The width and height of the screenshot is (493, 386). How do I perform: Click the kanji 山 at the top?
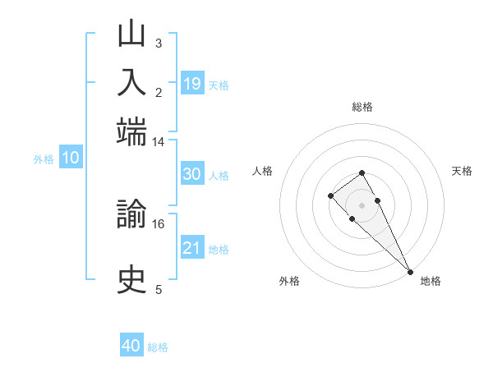[x=132, y=36]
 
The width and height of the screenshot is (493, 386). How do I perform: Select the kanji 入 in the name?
[x=132, y=83]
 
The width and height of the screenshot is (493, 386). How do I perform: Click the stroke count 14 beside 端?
[x=159, y=142]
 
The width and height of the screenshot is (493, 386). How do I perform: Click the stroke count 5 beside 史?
[x=159, y=289]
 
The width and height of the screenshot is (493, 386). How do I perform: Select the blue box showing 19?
[x=192, y=84]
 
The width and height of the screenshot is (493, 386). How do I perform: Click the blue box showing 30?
[x=192, y=174]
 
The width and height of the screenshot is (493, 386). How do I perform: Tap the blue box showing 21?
[x=192, y=248]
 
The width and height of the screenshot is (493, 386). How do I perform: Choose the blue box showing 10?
[x=71, y=159]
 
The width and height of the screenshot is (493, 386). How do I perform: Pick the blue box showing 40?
[x=131, y=347]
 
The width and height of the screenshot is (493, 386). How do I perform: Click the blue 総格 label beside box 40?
[x=158, y=347]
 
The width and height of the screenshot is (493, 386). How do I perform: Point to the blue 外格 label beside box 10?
[x=44, y=159]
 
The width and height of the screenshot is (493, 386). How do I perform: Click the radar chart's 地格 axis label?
[x=431, y=281]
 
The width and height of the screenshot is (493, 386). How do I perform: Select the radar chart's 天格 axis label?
[x=463, y=171]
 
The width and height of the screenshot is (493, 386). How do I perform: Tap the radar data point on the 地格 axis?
[x=410, y=272]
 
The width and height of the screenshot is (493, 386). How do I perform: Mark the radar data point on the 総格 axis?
[x=362, y=172]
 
